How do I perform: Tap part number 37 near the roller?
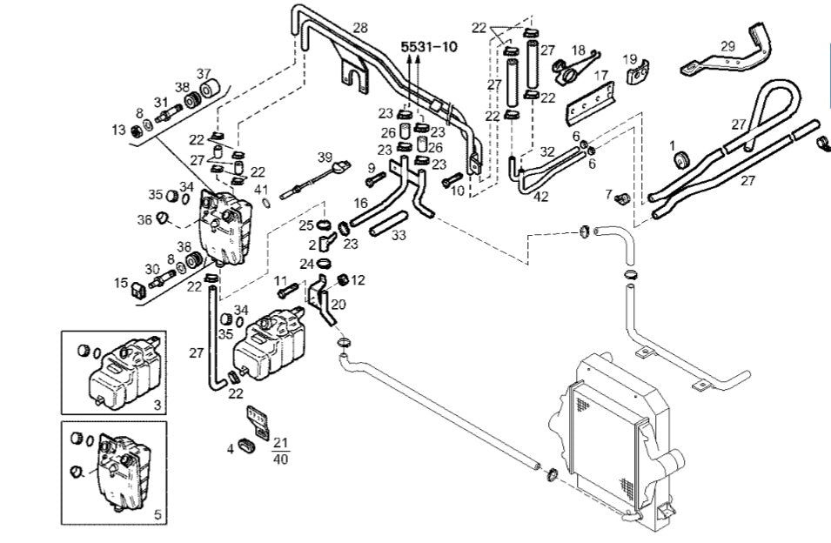[204, 73]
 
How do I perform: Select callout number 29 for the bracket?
[727, 45]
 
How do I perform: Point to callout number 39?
[325, 158]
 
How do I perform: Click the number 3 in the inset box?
[157, 406]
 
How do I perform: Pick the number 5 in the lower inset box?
[157, 515]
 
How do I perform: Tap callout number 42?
[540, 197]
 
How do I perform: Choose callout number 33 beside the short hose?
[399, 234]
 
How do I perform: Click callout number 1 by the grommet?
[672, 143]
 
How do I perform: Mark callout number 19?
[630, 59]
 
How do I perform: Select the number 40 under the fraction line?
[280, 459]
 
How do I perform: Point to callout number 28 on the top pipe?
[360, 29]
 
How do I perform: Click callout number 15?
[121, 282]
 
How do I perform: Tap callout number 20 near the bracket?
[338, 304]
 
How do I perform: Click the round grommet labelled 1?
[683, 160]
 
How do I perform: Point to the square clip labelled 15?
[139, 289]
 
